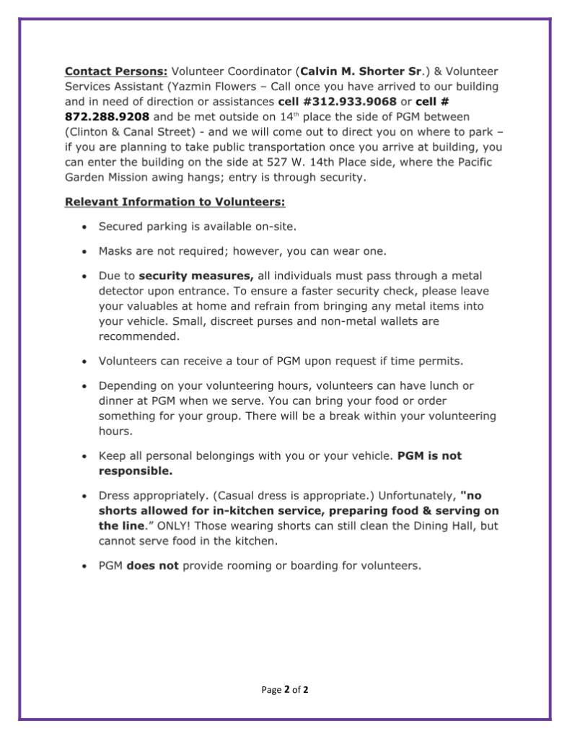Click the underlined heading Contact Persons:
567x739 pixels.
click(x=116, y=71)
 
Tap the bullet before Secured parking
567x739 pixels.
click(x=85, y=227)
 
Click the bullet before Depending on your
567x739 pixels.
click(x=85, y=386)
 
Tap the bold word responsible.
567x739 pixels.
click(x=136, y=471)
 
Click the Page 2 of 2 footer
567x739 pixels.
click(x=285, y=690)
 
